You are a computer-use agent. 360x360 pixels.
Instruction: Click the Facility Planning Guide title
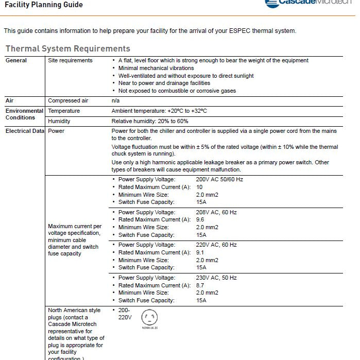coord(43,5)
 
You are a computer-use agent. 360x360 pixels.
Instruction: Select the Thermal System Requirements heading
coord(67,49)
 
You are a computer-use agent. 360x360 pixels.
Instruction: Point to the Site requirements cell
coord(70,60)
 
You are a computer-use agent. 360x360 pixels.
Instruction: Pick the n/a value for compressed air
coord(115,100)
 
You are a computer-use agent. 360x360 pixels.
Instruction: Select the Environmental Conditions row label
coord(24,114)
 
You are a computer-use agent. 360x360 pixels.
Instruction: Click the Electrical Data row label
coord(25,131)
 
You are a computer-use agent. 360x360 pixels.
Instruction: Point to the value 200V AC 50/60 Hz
coord(219,179)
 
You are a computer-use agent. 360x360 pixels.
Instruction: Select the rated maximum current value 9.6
coord(200,219)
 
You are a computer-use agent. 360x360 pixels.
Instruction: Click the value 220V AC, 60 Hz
coord(216,245)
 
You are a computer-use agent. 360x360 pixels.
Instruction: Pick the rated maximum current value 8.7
coord(200,285)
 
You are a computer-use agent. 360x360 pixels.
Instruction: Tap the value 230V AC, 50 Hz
coord(216,278)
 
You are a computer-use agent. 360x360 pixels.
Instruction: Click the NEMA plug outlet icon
coord(149,317)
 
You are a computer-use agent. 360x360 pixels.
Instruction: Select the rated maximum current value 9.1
coord(200,252)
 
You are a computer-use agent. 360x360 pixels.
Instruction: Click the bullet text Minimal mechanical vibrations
coord(156,68)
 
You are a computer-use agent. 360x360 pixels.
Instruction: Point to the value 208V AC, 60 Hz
coord(216,212)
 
